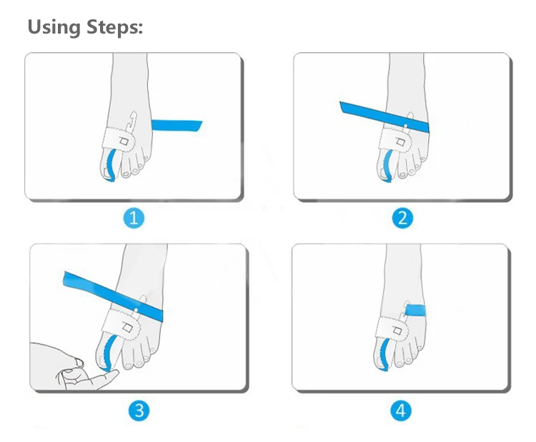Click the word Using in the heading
point(54,27)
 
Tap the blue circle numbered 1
point(134,218)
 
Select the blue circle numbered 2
point(402,218)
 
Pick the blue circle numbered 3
point(139,411)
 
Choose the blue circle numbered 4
point(401,411)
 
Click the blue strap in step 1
point(177,126)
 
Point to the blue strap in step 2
point(384,117)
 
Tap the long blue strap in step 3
point(113,296)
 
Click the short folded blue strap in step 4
point(415,310)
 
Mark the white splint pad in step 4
point(392,328)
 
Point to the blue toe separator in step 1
point(110,166)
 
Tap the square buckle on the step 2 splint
point(399,141)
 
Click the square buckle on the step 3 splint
point(127,328)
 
